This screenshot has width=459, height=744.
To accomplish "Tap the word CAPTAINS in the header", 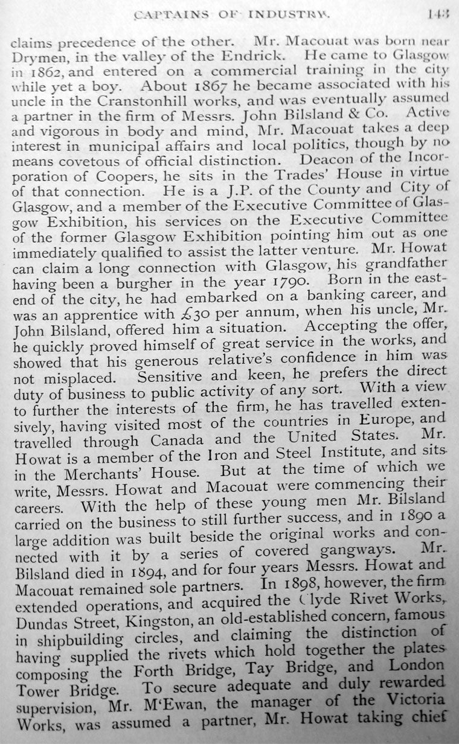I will (x=169, y=10).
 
